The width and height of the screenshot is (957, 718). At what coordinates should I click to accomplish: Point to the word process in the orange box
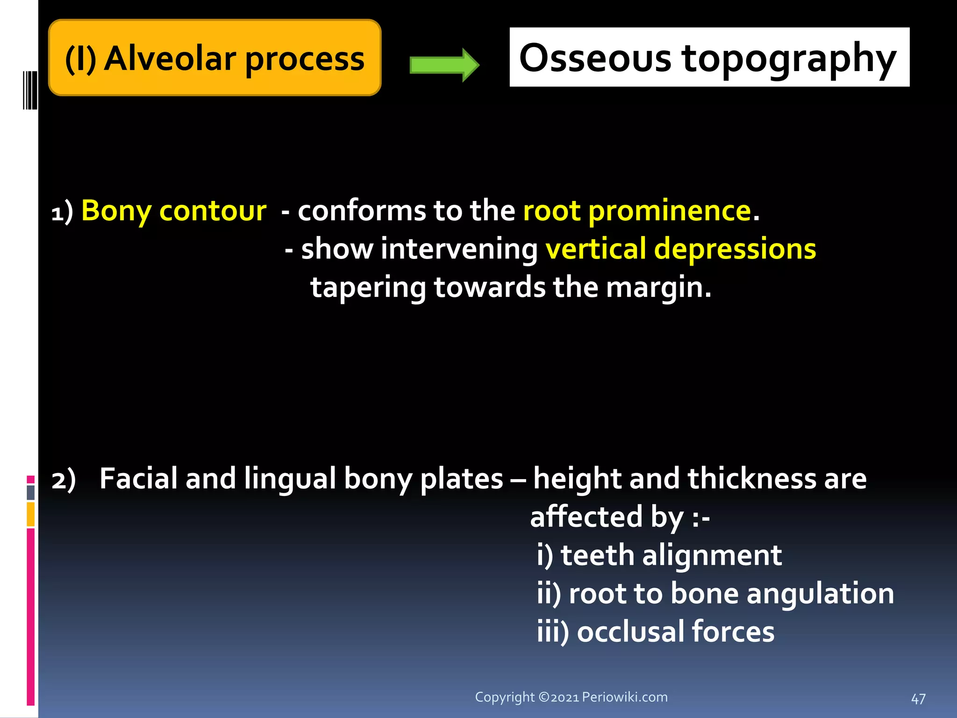click(x=304, y=60)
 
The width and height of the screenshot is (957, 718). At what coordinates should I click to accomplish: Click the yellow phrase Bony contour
click(x=174, y=210)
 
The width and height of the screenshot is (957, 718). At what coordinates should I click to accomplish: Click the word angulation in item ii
click(x=820, y=594)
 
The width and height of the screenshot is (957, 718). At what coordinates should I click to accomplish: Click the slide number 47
click(x=918, y=699)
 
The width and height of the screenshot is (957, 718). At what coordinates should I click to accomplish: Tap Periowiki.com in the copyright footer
click(x=624, y=697)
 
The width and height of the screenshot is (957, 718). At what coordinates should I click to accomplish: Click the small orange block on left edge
click(x=30, y=514)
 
